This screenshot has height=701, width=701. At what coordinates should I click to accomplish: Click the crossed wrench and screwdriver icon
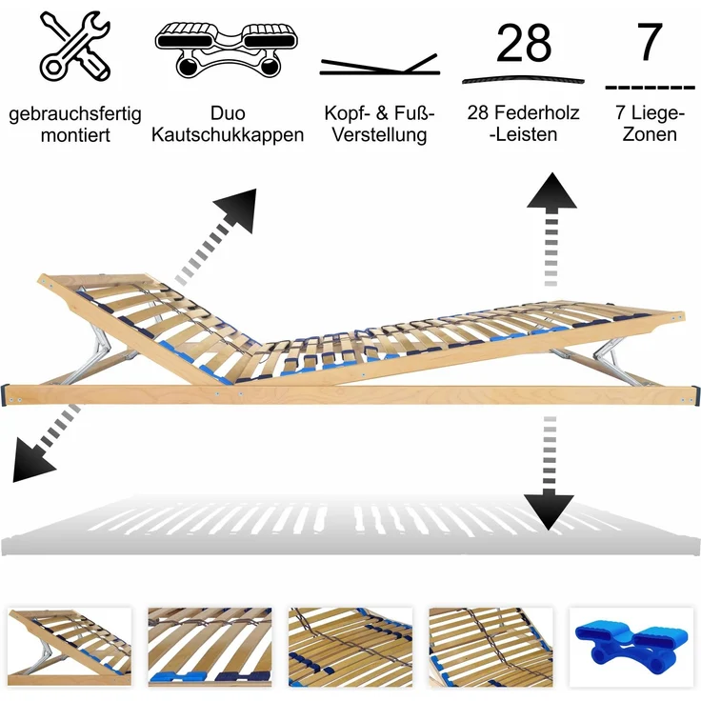[x=74, y=46]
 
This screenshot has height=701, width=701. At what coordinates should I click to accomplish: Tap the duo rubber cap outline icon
[x=227, y=50]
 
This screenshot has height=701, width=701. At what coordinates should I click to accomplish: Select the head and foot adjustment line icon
[x=380, y=65]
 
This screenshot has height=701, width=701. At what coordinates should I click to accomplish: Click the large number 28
[x=524, y=43]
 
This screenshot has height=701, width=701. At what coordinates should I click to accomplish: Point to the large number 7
[x=650, y=42]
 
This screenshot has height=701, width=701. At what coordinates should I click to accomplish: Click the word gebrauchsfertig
[x=75, y=114]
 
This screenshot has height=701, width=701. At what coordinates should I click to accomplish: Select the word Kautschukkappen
[x=228, y=134]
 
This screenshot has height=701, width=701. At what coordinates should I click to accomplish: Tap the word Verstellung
[x=380, y=134]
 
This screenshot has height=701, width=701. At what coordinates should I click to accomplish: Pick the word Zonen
[x=650, y=134]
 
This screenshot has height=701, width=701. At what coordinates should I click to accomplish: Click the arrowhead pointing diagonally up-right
[x=238, y=209]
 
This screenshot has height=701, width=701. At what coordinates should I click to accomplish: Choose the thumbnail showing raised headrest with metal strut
[x=70, y=647]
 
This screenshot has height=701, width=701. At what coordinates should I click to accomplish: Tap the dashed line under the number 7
[x=650, y=88]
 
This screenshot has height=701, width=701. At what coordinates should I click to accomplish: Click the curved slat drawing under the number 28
[x=523, y=80]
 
